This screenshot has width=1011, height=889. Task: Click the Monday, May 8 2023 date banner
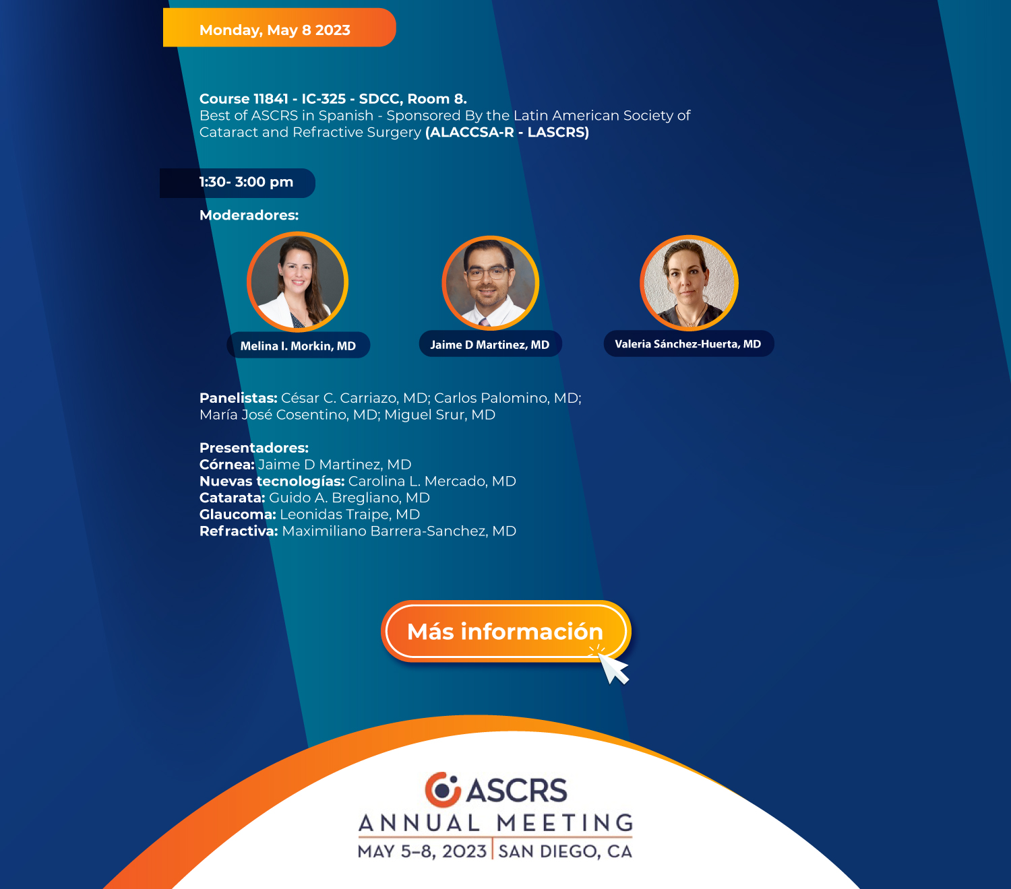280,28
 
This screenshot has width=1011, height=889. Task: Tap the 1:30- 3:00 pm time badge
237,183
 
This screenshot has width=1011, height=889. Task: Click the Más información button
506,631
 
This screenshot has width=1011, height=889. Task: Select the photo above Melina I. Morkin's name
297,282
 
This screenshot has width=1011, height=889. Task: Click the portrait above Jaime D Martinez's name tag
490,284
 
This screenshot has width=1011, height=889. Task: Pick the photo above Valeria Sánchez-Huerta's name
689,284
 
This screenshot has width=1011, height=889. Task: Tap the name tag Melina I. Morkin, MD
299,345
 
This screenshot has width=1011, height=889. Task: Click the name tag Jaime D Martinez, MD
491,344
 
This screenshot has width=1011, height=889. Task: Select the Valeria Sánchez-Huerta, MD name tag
689,343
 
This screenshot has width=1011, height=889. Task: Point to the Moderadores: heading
249,216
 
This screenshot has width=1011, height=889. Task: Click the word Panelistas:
239,398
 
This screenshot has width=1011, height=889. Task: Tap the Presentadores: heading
254,448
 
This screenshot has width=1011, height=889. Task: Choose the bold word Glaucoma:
237,514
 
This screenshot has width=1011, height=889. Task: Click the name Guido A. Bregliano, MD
349,498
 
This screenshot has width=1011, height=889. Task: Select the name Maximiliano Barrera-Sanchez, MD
399,531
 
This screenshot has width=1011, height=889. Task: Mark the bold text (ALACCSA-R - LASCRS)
507,132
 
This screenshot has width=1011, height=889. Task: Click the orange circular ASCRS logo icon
443,789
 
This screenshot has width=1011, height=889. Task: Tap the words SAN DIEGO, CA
565,851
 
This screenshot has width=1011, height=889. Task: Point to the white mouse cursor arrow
613,669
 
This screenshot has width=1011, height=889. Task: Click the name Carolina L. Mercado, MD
432,481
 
